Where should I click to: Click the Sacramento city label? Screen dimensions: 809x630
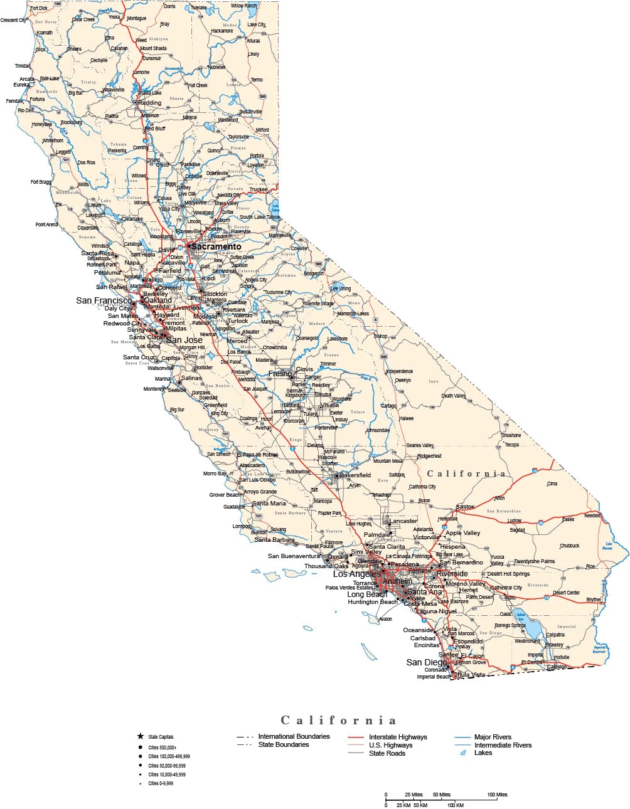coord(216,246)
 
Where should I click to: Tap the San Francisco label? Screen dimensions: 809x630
coord(104,300)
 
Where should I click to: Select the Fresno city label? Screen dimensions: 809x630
coord(280,373)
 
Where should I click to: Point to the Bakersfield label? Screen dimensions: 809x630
coord(355,475)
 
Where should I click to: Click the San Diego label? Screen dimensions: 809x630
coord(427,662)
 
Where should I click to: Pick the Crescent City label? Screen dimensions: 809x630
coord(13,20)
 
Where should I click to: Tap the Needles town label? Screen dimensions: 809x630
coord(592,516)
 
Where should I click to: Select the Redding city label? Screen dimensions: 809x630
coord(150,103)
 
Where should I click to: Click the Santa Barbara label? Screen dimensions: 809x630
coord(274,539)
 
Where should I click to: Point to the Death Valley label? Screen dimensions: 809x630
coord(453,396)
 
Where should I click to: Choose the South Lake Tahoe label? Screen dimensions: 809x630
coord(260,217)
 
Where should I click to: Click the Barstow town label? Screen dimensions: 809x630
coord(465,507)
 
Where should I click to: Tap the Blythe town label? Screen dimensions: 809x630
coord(593,600)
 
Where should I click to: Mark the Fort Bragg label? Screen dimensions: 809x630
coord(41,182)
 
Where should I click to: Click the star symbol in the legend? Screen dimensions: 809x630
coord(141,736)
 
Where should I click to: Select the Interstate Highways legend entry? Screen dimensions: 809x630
coord(397,737)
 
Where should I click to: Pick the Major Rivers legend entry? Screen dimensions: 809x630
coord(493,737)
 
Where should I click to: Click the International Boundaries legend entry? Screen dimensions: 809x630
coord(293,736)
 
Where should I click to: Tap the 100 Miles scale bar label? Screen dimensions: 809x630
coord(497,795)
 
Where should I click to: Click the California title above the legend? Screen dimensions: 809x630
coord(338,720)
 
